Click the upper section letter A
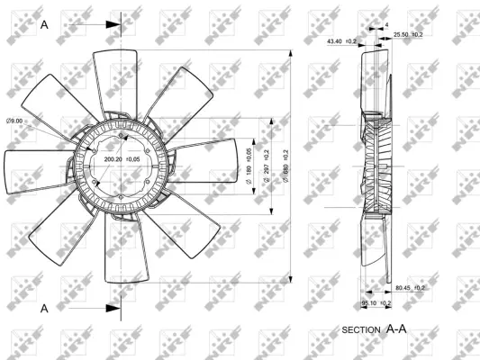click(44, 24)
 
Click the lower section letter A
click(44, 308)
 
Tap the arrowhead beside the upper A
click(112, 24)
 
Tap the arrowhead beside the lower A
click(112, 308)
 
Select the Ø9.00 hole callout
click(15, 121)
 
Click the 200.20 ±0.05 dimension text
click(122, 158)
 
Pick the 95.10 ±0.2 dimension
click(376, 303)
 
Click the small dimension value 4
click(385, 25)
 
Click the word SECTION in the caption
click(361, 331)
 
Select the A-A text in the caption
click(397, 329)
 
